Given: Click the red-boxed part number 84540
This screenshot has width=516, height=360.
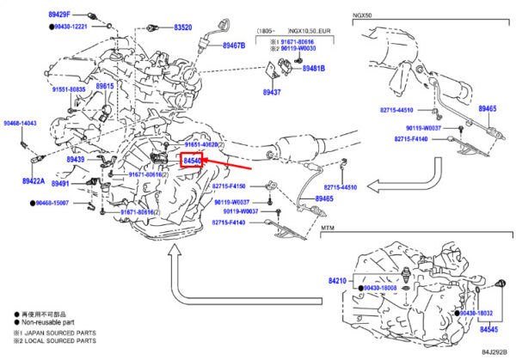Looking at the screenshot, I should click(x=192, y=161).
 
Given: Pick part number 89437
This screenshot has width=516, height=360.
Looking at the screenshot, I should click(x=273, y=91).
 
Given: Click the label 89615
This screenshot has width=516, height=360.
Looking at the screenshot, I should click(x=106, y=87).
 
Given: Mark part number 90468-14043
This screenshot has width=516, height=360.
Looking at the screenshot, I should click(x=19, y=124).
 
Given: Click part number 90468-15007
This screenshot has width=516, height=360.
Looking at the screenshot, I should click(x=63, y=204).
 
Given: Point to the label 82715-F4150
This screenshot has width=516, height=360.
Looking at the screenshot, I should click(x=229, y=186).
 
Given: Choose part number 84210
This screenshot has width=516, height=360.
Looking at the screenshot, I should click(x=338, y=281).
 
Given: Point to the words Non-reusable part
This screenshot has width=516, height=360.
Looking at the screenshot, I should click(x=44, y=322).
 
